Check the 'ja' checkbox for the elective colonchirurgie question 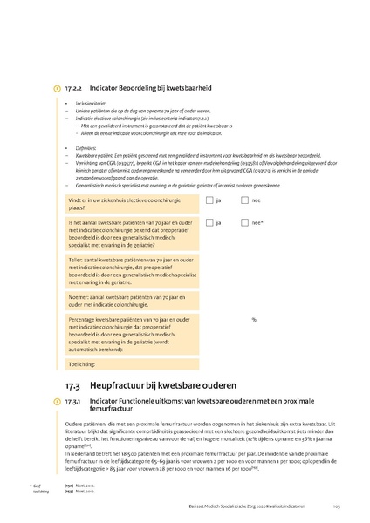coord(209,200)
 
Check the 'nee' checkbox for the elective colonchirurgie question coord(244,200)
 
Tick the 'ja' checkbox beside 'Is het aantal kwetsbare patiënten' coord(209,222)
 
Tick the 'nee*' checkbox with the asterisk coord(244,222)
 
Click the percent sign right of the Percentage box coord(254,319)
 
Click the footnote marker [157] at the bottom coord(69,485)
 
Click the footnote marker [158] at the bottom coord(69,491)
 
